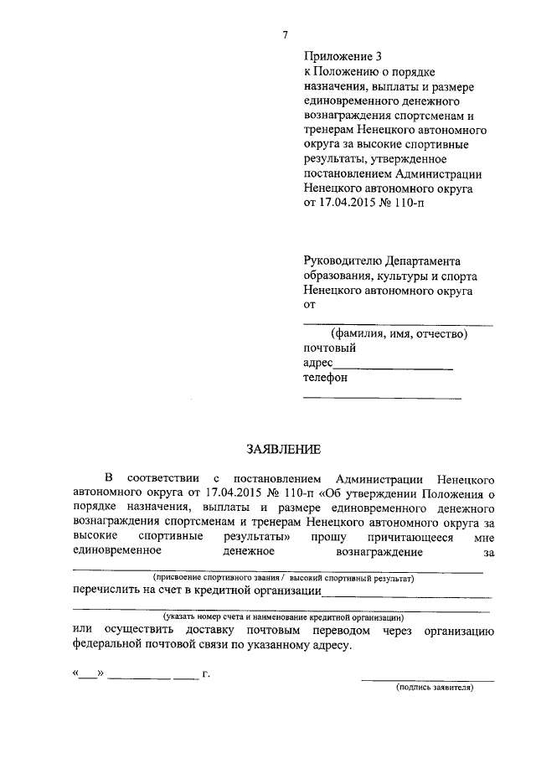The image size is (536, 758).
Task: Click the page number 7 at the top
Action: click(285, 34)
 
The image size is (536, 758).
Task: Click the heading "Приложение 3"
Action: click(342, 57)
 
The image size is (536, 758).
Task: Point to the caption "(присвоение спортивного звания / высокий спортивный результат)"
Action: click(282, 579)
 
